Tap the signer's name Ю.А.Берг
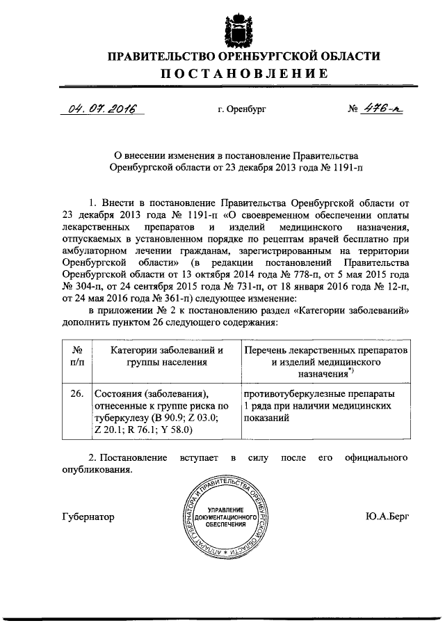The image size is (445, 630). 387,517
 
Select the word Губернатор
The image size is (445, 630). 88,517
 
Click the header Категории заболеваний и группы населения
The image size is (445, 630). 163,356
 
